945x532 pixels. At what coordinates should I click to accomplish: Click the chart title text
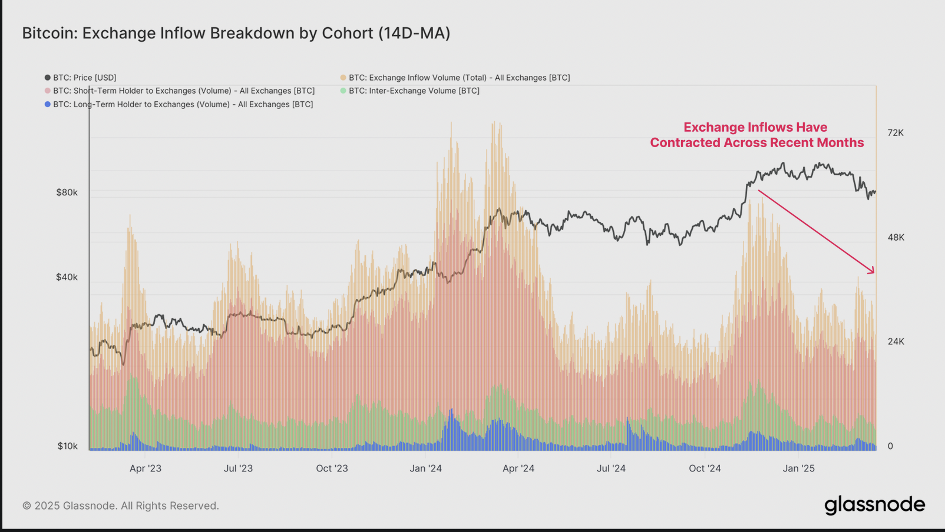tap(236, 33)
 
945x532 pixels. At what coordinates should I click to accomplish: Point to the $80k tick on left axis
tap(67, 192)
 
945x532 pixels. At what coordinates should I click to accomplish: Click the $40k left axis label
tap(67, 277)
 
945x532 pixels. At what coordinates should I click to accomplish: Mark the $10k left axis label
tap(67, 446)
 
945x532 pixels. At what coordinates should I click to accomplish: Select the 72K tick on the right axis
tap(895, 133)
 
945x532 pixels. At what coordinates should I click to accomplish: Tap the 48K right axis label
tap(896, 237)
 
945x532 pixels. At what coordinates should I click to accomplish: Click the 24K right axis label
tap(896, 341)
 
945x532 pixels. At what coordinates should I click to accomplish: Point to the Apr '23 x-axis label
tap(145, 468)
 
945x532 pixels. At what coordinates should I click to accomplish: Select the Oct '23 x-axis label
tap(332, 468)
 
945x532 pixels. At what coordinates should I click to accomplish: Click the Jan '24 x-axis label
tap(425, 468)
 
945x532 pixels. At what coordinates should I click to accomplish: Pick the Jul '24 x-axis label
tap(611, 468)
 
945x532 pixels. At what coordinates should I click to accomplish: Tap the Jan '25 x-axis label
tap(798, 468)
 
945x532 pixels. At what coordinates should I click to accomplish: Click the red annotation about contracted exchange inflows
tap(756, 135)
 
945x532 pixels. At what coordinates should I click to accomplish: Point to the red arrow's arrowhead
tap(873, 271)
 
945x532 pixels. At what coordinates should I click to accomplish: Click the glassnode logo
tap(874, 505)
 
